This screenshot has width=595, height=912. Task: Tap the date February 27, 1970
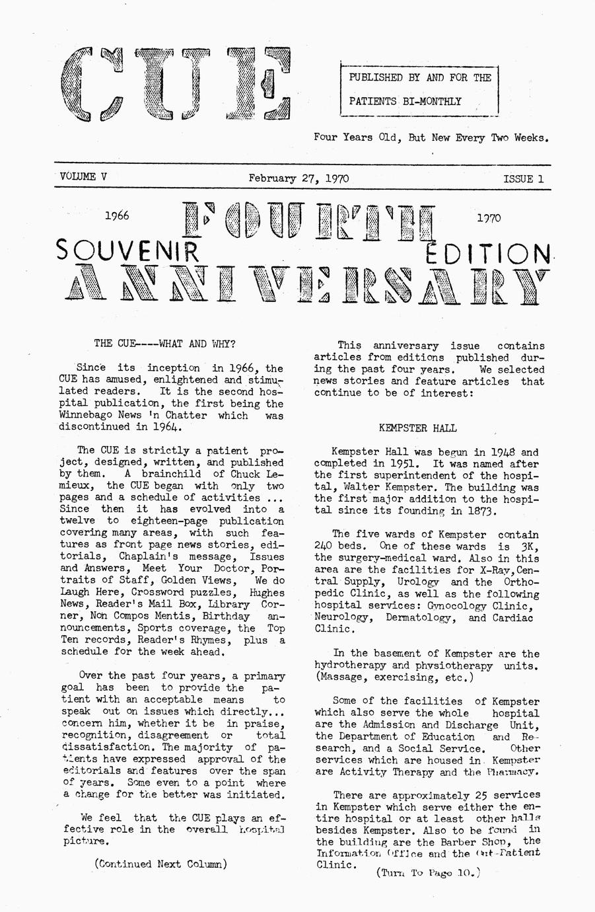(298, 178)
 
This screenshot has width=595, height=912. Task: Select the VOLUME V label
(83, 176)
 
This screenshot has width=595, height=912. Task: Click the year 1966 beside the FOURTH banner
(117, 215)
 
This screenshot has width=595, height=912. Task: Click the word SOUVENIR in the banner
(128, 251)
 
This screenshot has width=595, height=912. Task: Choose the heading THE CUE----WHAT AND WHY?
(164, 344)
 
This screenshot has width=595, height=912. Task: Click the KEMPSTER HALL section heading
(417, 428)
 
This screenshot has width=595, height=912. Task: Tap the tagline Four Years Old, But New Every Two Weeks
(431, 138)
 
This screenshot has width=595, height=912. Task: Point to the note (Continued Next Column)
(161, 864)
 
